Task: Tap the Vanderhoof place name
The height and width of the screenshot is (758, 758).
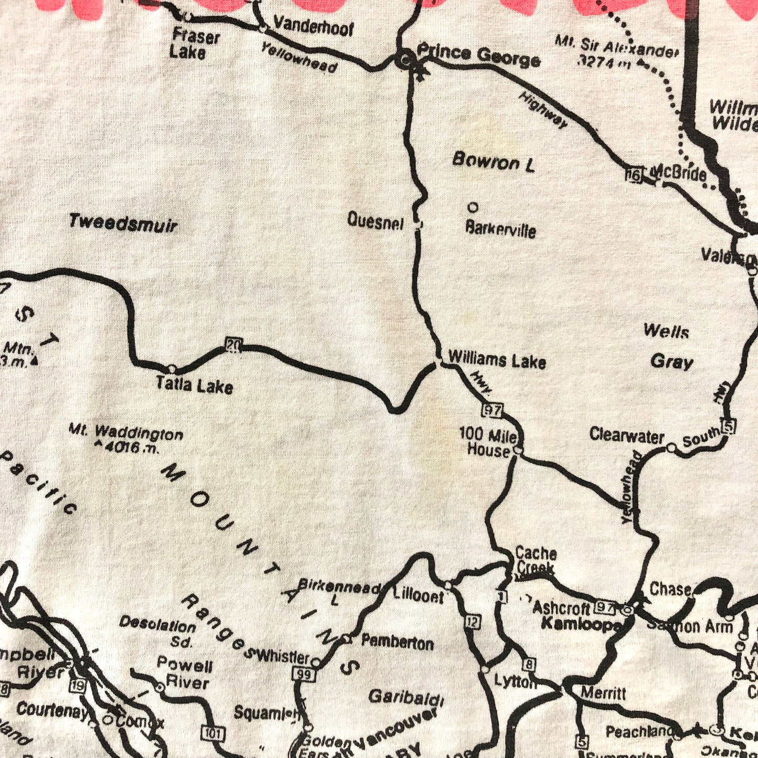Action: coord(314,27)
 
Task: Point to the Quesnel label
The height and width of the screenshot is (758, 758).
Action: coord(375,221)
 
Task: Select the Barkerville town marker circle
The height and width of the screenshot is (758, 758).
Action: coord(473,208)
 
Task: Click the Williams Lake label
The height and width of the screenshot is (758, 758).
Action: coord(497,360)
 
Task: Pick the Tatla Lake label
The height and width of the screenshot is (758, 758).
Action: coord(194,386)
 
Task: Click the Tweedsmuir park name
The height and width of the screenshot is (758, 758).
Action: coord(123,223)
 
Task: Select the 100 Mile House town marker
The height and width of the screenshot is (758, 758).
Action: coord(518,450)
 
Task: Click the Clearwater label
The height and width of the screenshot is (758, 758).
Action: coord(626,435)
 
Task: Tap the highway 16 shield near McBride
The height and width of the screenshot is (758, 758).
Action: coord(634,176)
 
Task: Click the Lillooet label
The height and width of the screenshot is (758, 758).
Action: coord(418,596)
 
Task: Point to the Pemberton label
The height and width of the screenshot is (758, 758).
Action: coord(397,643)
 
